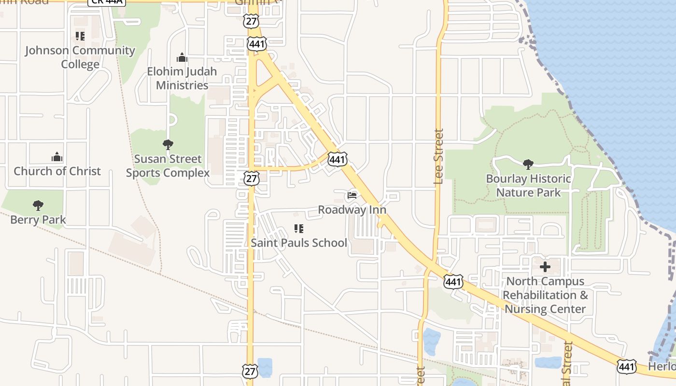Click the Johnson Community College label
click(x=80, y=57)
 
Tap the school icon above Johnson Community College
click(x=80, y=36)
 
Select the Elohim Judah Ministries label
click(x=182, y=78)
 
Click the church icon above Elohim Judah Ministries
click(x=182, y=57)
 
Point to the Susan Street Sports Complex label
click(x=168, y=165)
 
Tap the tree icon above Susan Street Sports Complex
click(x=168, y=144)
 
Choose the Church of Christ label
click(x=57, y=171)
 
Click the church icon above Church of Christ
click(x=57, y=157)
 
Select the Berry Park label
click(x=38, y=220)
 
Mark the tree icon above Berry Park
click(x=38, y=206)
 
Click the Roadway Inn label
click(x=352, y=210)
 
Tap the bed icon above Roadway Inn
click(x=352, y=195)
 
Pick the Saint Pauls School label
click(x=299, y=243)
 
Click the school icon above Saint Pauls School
click(x=299, y=228)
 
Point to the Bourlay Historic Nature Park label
click(x=529, y=185)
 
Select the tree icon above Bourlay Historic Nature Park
click(x=528, y=164)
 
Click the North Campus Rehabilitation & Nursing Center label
click(x=546, y=295)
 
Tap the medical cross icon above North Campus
click(x=545, y=266)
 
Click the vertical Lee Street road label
click(x=438, y=156)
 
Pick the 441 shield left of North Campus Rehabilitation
click(x=453, y=281)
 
